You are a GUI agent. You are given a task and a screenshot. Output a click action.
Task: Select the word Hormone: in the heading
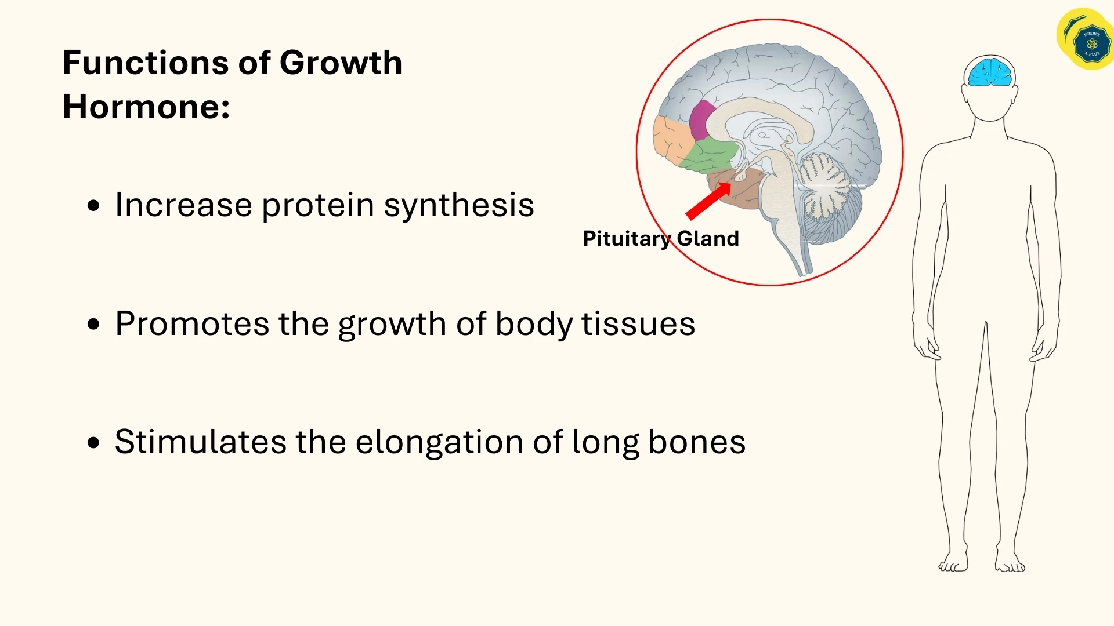click(x=146, y=107)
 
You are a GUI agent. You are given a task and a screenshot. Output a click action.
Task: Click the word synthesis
click(x=458, y=206)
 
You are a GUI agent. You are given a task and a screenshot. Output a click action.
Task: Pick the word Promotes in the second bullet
click(x=192, y=323)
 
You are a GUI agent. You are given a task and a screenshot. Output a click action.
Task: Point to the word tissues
click(x=638, y=323)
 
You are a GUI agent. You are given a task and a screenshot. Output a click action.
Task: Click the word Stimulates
click(x=200, y=442)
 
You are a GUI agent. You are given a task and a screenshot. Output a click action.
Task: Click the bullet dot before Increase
click(x=93, y=206)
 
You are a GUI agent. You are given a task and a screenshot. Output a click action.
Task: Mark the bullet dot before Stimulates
click(x=93, y=443)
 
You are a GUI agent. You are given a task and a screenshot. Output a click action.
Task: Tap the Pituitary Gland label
click(x=660, y=238)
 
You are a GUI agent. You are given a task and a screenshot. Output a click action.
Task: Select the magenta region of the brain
click(x=702, y=119)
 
